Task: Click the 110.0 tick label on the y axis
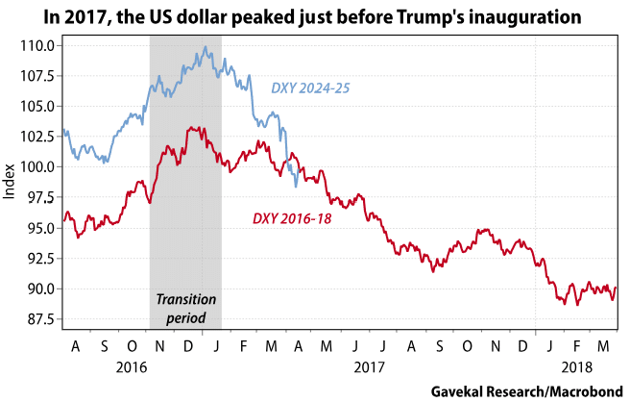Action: [39, 45]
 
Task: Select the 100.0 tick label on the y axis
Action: [39, 166]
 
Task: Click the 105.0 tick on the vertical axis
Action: [39, 106]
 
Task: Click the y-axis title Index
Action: [11, 182]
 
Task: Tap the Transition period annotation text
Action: [185, 307]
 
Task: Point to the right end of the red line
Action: [617, 287]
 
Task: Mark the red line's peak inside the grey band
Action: [192, 127]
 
